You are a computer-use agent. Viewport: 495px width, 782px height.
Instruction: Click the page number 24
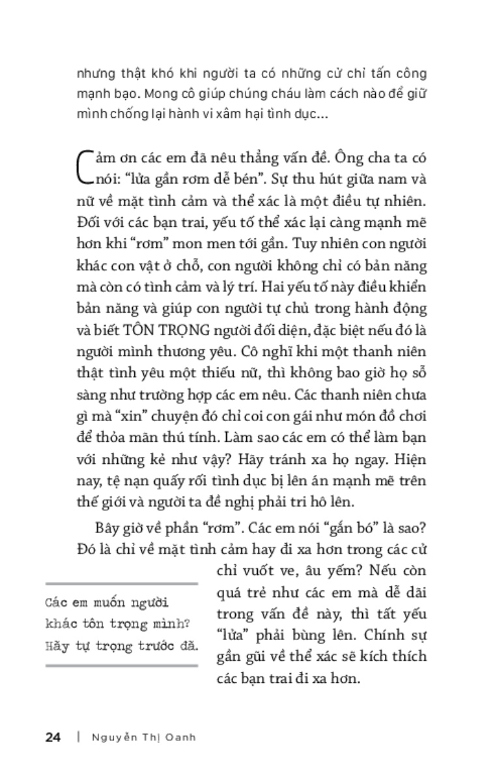point(53,738)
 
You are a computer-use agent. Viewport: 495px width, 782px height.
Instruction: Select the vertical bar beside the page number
point(78,738)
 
